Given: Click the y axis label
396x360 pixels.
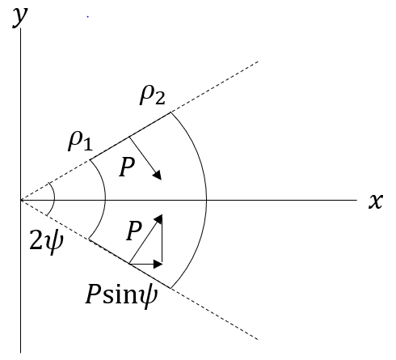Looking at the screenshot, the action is [x=20, y=17].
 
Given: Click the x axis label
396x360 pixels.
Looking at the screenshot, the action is [x=376, y=201].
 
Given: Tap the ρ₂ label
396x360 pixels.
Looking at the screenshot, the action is [x=153, y=95].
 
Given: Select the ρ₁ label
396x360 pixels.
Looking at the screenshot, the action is [x=80, y=141].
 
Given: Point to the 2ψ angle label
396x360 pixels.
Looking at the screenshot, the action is [x=46, y=240].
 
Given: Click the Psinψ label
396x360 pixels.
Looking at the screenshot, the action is [x=121, y=294].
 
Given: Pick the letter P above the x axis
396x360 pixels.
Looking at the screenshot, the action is [x=127, y=167].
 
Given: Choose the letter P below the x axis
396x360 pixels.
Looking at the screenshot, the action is [x=134, y=231].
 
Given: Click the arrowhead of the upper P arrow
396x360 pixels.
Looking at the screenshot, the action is [x=158, y=176].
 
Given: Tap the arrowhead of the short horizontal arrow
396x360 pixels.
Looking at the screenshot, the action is [x=158, y=264].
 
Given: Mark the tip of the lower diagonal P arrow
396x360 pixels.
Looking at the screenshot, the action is [x=162, y=215].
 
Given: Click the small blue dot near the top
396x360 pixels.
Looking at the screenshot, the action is [x=88, y=17].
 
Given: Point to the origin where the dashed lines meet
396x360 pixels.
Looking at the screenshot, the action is [x=21, y=200].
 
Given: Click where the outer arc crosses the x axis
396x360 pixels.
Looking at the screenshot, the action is [x=207, y=200].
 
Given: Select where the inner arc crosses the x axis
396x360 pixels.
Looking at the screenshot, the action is [x=105, y=200].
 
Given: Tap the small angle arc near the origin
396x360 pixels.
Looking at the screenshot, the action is [x=55, y=200].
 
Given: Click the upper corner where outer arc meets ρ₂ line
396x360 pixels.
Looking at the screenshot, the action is [x=171, y=112].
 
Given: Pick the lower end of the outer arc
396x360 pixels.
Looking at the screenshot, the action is [x=171, y=288].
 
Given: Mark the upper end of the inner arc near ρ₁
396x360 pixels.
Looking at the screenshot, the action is [x=90, y=160].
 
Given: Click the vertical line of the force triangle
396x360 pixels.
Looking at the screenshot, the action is [x=162, y=239].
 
